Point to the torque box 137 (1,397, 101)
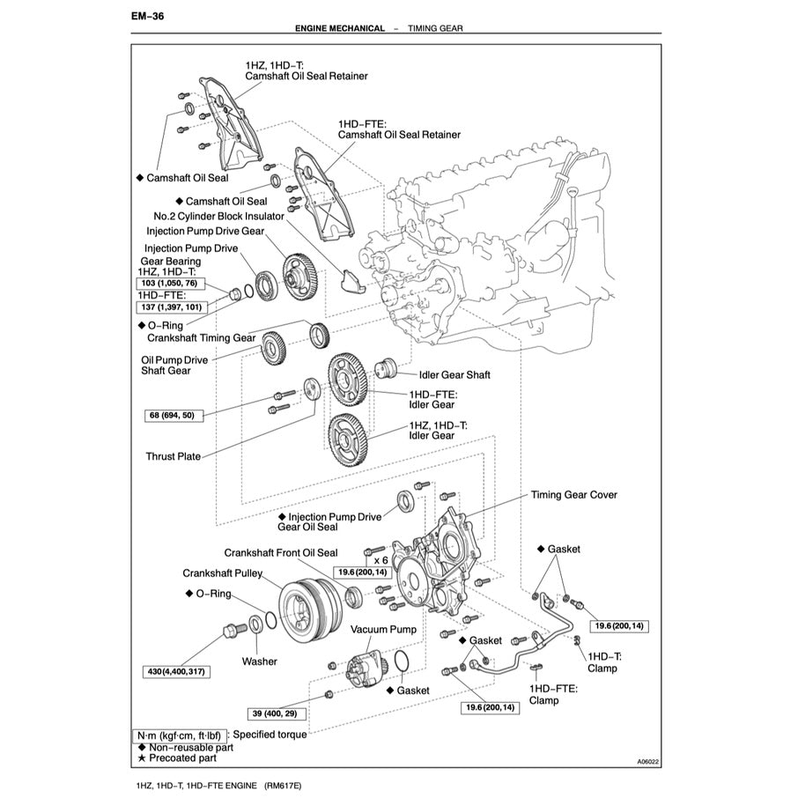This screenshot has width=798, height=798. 171,307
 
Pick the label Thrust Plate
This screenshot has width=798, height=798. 173,456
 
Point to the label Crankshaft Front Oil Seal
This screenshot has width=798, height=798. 280,553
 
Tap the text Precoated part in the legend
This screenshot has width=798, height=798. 182,757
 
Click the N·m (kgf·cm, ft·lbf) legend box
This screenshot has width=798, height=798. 181,734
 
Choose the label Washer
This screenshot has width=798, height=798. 259,661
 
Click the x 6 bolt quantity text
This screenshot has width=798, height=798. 381,559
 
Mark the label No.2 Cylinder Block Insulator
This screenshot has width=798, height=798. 218,216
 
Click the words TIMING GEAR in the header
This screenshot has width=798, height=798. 435,28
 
